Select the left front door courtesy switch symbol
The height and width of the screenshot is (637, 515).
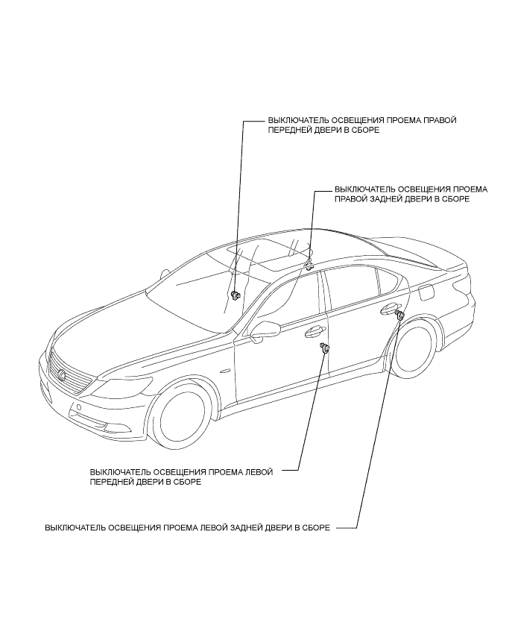tap(325, 349)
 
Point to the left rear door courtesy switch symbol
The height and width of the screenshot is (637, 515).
tap(399, 318)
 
